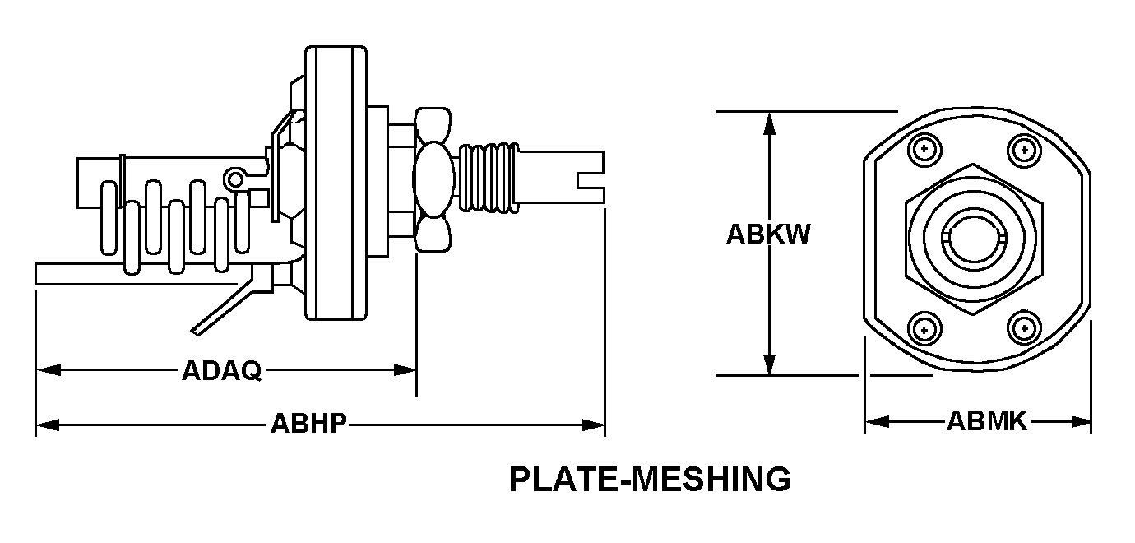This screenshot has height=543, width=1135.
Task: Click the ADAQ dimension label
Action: point(221,372)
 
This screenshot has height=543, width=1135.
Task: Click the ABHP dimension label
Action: point(308,425)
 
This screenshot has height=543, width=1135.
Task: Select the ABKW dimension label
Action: point(768,235)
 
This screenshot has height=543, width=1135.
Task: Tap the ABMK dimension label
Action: point(987,422)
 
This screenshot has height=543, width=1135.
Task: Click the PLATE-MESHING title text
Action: point(650,479)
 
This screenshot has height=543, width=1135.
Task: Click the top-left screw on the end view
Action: point(925,150)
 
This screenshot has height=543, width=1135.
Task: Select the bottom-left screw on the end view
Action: point(925,328)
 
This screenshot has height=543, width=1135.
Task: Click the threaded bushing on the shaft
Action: point(489,177)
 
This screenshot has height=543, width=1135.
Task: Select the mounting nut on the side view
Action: point(433,178)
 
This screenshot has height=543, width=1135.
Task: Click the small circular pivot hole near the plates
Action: point(237,178)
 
